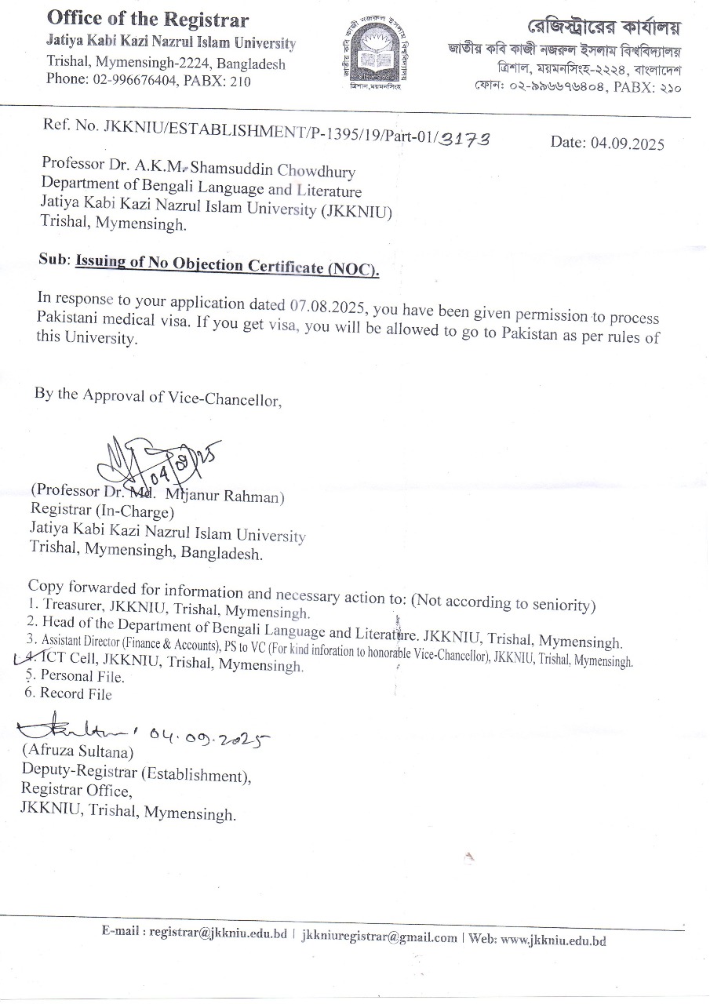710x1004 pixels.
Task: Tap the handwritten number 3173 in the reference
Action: pyautogui.click(x=465, y=139)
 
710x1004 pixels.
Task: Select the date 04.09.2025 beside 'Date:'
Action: pyautogui.click(x=628, y=143)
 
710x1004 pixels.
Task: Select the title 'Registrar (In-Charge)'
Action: pyautogui.click(x=101, y=512)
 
